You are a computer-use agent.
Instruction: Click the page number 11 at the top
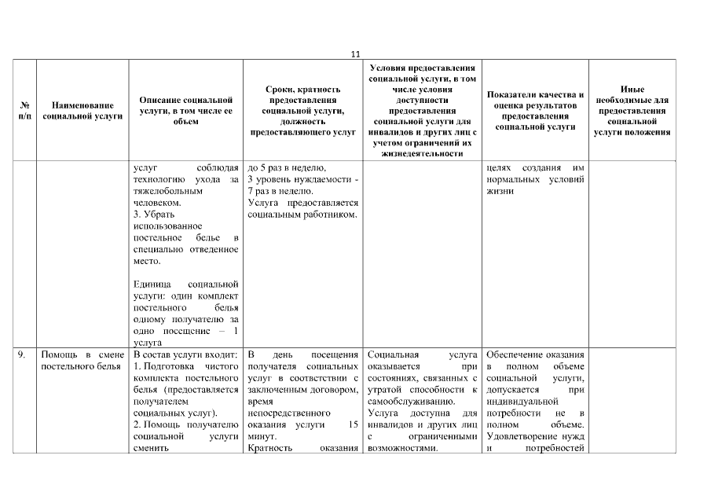point(355,54)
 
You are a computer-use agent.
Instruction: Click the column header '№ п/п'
point(25,110)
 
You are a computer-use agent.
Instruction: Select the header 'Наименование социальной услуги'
point(82,110)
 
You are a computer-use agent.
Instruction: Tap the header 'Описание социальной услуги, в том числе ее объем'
point(185,111)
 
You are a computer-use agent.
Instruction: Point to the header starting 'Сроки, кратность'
point(302,111)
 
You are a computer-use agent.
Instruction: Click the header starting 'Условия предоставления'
point(422,111)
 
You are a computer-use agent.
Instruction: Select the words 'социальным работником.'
point(302,214)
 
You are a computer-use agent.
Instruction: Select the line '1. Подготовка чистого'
point(185,366)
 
